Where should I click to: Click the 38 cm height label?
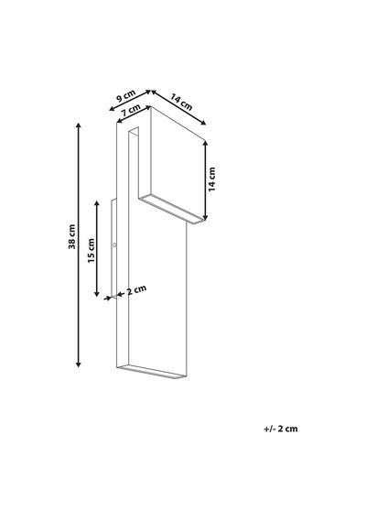point(72,236)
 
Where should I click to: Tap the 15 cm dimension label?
point(91,250)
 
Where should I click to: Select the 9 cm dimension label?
point(125,96)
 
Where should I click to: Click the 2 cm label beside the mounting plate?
point(136,289)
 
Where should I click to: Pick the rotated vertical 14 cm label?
point(212,179)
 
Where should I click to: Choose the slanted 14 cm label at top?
point(181,102)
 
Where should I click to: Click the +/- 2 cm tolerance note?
point(281,429)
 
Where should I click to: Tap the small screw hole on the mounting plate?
point(114,245)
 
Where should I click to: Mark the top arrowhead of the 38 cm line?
point(79,125)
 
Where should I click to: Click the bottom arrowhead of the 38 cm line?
point(79,364)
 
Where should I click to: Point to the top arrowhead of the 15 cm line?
point(97,202)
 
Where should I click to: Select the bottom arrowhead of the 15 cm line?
point(97,294)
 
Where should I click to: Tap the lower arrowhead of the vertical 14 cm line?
point(205,217)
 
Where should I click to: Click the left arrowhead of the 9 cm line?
point(112,109)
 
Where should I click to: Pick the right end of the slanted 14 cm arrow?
point(204,124)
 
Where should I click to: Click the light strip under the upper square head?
point(171,210)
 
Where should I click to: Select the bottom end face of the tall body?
point(151,372)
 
